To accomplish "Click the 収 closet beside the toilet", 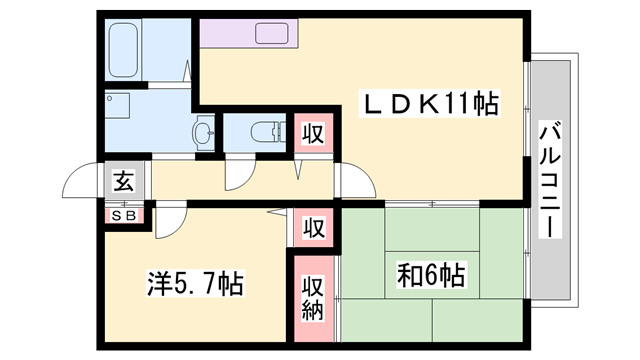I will point(312,132).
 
